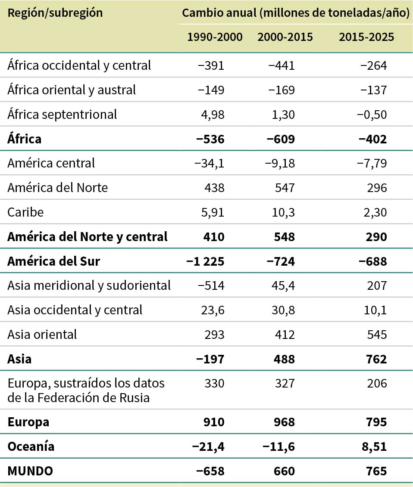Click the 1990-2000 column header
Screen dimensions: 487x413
[x=215, y=37]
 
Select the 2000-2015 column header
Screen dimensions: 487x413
[x=285, y=37]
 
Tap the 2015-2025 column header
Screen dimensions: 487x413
[x=366, y=37]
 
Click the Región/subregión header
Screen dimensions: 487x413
[x=56, y=13]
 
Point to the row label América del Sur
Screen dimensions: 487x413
[x=53, y=261]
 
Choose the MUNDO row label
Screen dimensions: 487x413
[x=30, y=471]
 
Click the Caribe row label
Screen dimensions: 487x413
[x=25, y=212]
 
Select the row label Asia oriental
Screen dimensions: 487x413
[x=42, y=334]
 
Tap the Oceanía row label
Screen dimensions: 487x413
[x=31, y=447]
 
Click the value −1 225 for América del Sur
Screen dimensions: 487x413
[x=205, y=261]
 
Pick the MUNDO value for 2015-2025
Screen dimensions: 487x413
[x=374, y=471]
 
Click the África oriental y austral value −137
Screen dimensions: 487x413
[x=373, y=90]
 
